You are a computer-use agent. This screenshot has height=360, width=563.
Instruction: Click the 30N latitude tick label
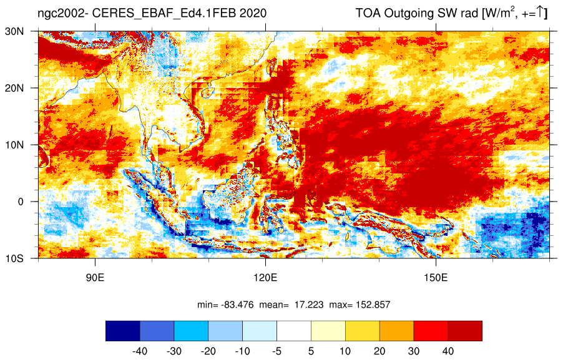point(15,31)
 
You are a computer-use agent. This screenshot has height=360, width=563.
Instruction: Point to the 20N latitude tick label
point(15,88)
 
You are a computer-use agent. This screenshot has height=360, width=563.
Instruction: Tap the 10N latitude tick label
point(15,145)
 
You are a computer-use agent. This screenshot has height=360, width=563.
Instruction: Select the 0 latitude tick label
point(21,202)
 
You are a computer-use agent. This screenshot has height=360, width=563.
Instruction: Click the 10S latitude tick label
point(15,258)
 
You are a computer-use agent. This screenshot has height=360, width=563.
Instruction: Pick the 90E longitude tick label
point(95,278)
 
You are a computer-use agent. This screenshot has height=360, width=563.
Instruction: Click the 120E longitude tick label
point(265,278)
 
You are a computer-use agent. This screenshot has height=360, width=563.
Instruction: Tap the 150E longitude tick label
point(436,278)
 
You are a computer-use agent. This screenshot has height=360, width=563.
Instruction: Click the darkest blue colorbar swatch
point(123,331)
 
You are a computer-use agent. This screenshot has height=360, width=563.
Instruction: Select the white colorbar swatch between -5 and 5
point(294,331)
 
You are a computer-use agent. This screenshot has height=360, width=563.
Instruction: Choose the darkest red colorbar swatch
point(465,331)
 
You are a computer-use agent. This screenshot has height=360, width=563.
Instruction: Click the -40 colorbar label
point(140,351)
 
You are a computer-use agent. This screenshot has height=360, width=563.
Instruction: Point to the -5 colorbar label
point(277,351)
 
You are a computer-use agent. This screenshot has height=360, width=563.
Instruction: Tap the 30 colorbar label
point(414,351)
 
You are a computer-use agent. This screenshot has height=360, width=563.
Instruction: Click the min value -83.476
point(238,305)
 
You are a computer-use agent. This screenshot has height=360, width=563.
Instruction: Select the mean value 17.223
point(309,305)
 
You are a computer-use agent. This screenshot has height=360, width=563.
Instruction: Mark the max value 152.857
point(373,305)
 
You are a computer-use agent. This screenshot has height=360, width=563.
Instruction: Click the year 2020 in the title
point(253,13)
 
